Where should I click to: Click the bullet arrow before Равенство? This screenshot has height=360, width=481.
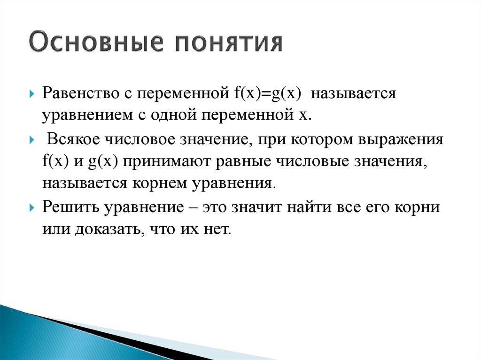31,94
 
